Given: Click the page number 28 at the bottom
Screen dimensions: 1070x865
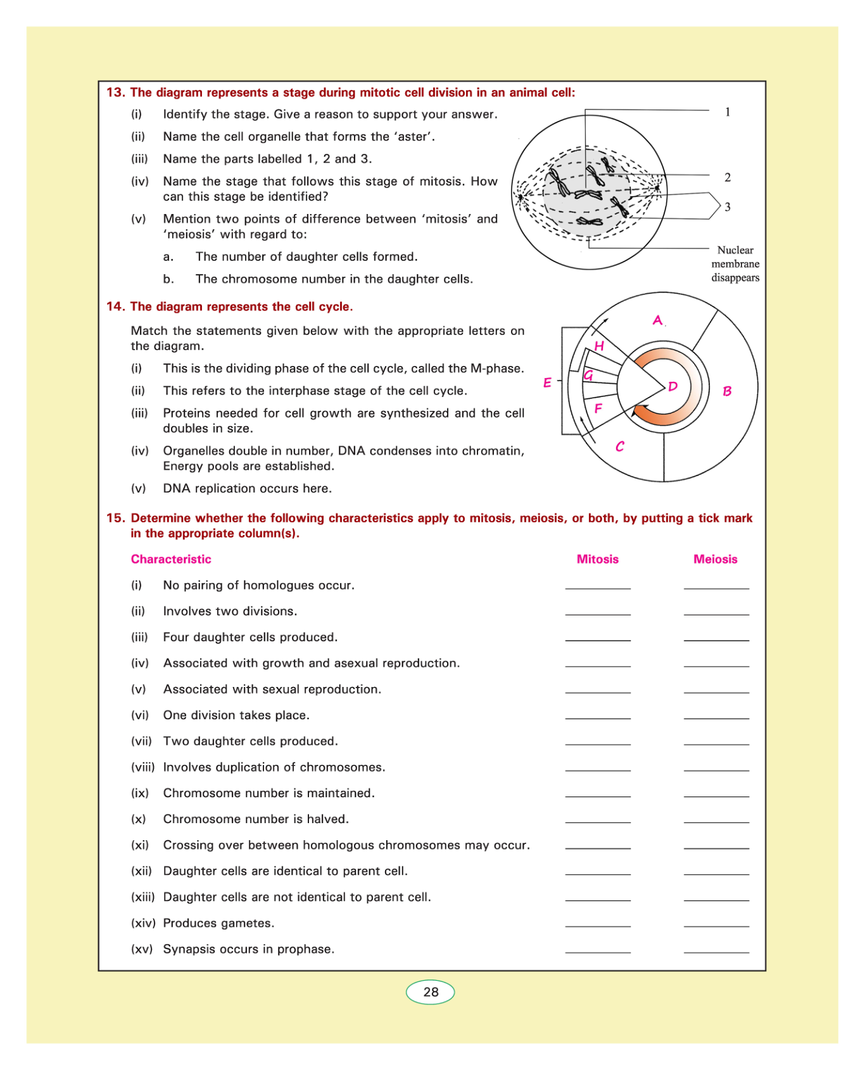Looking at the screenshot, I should pyautogui.click(x=431, y=992).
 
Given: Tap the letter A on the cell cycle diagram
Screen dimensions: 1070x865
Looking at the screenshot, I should pyautogui.click(x=658, y=320).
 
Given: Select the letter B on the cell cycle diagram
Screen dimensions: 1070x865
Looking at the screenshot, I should pyautogui.click(x=727, y=391).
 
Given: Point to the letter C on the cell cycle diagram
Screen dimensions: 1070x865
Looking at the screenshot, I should pyautogui.click(x=620, y=446).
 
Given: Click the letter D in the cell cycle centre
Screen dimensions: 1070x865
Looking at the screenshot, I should pyautogui.click(x=672, y=386).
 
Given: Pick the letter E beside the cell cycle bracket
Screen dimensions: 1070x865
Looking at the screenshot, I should pyautogui.click(x=547, y=382).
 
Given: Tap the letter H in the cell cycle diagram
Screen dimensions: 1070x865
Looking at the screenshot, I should pyautogui.click(x=599, y=346).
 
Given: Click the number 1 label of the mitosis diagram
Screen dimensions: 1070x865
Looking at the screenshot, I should pyautogui.click(x=728, y=112).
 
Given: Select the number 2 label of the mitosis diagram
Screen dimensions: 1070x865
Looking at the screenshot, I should pyautogui.click(x=728, y=177).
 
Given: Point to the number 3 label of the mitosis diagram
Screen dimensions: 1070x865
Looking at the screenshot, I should pyautogui.click(x=728, y=207).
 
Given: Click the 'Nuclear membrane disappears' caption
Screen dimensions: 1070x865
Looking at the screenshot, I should pyautogui.click(x=735, y=264).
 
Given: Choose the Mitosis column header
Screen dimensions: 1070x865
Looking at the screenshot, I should pyautogui.click(x=597, y=559).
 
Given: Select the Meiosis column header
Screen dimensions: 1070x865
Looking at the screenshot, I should pyautogui.click(x=716, y=559).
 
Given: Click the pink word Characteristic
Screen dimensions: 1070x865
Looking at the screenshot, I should pyautogui.click(x=171, y=559).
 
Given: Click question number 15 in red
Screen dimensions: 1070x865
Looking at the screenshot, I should pyautogui.click(x=115, y=518).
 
